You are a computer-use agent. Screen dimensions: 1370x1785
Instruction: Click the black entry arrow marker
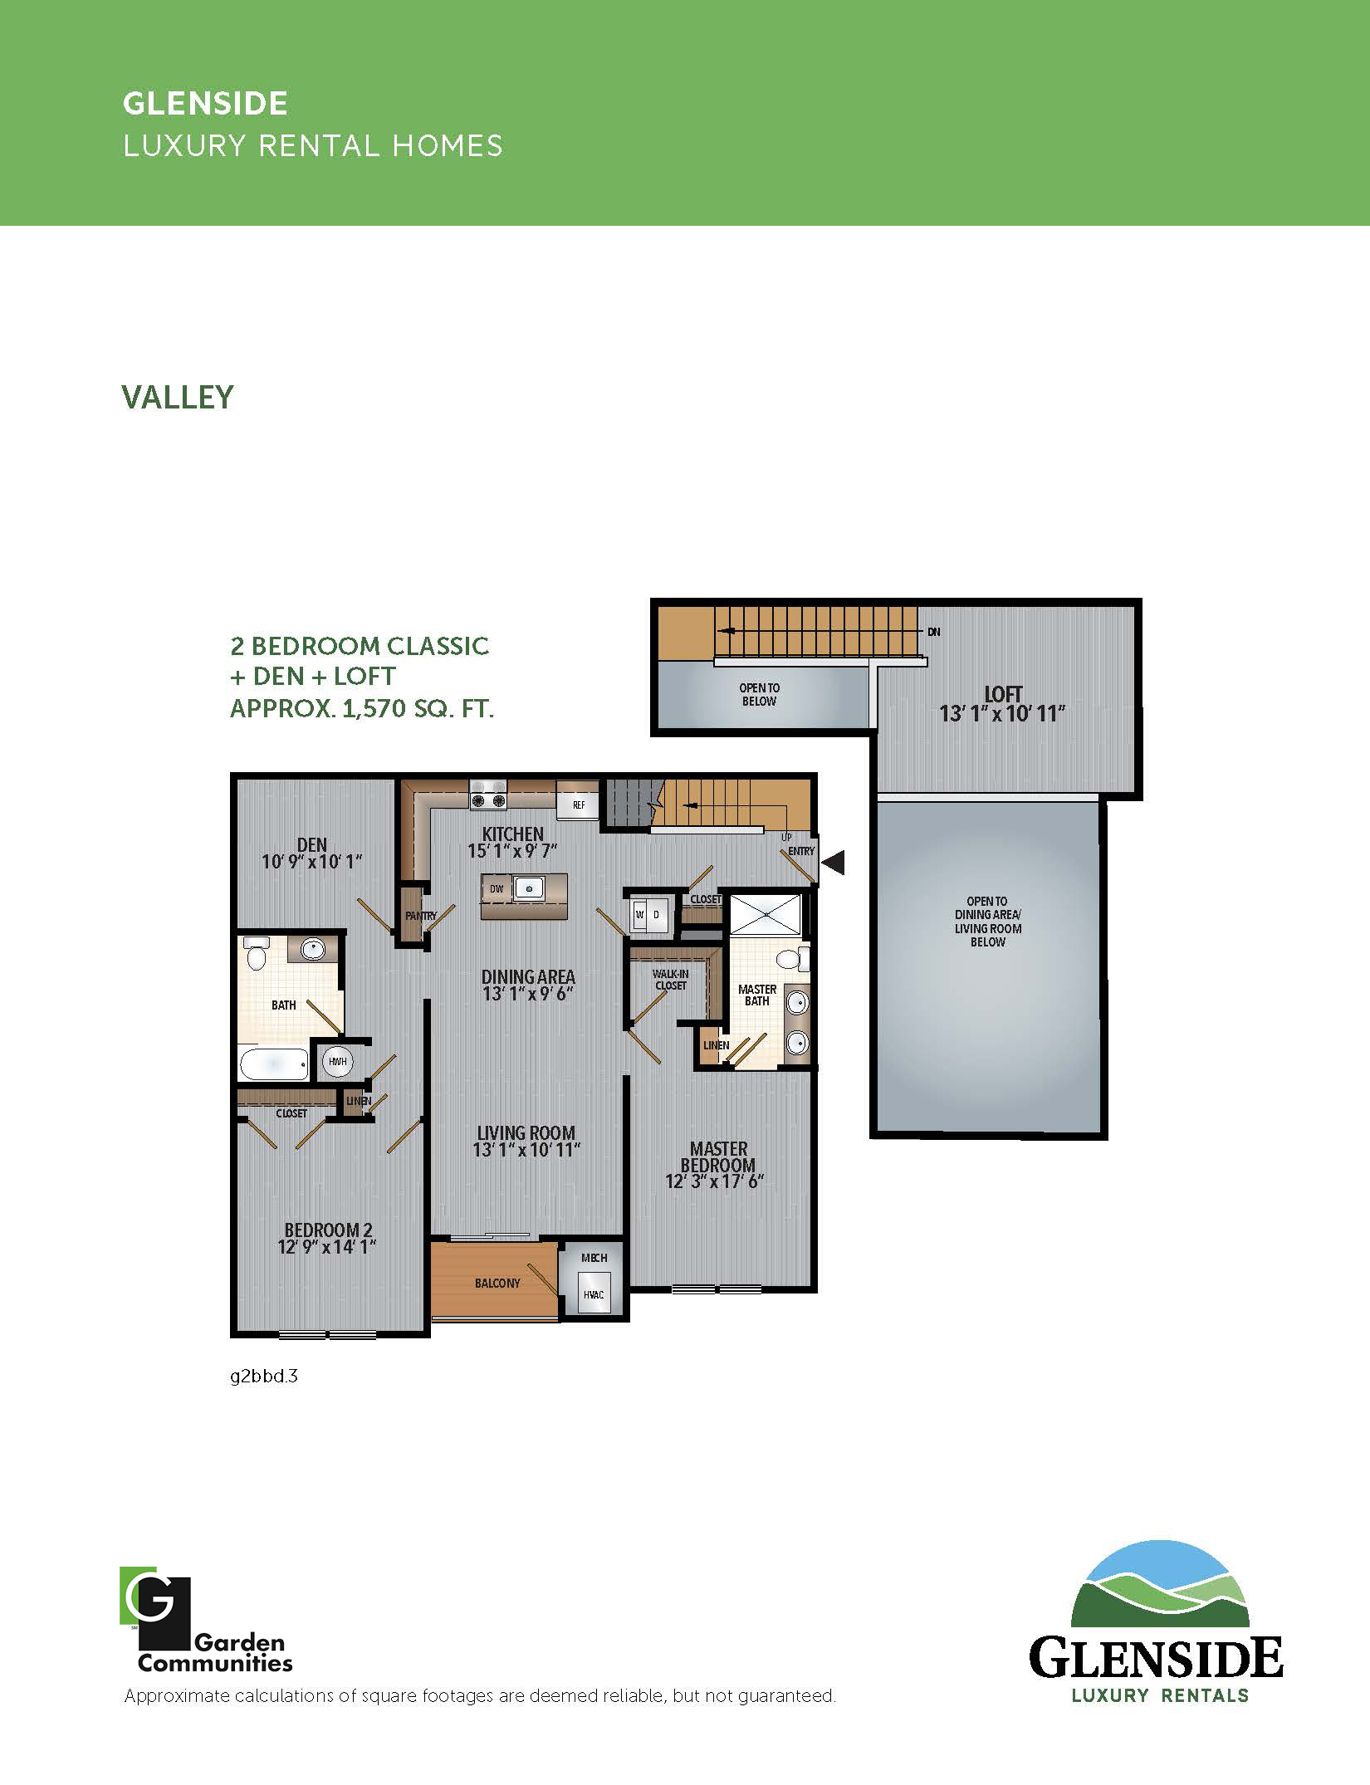pyautogui.click(x=834, y=863)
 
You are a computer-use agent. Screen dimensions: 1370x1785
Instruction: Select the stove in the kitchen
pyautogui.click(x=488, y=794)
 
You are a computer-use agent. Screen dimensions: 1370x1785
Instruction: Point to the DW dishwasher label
pyautogui.click(x=497, y=889)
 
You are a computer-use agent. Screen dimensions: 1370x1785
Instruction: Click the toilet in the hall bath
pyautogui.click(x=257, y=954)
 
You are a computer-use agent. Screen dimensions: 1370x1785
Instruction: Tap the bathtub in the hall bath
pyautogui.click(x=274, y=1063)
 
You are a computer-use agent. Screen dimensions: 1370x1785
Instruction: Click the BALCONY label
pyautogui.click(x=497, y=1283)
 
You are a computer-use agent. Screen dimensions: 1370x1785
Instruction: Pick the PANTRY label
pyautogui.click(x=421, y=916)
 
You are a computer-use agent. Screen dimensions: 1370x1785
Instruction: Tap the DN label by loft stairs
pyautogui.click(x=934, y=632)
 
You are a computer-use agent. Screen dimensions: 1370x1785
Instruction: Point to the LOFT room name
pyautogui.click(x=1003, y=694)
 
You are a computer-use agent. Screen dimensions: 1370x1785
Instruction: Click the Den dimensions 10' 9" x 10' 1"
pyautogui.click(x=312, y=862)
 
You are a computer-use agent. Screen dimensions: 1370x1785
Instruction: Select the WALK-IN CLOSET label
pyautogui.click(x=671, y=980)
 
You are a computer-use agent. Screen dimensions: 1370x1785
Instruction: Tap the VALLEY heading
pyautogui.click(x=178, y=397)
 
